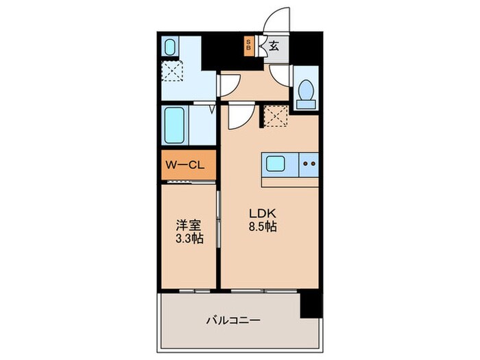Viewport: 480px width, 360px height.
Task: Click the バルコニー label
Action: [x=232, y=320]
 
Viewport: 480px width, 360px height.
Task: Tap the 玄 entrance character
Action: [x=274, y=47]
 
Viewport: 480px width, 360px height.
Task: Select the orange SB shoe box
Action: [x=249, y=47]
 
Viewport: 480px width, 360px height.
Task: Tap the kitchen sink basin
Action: [x=276, y=165]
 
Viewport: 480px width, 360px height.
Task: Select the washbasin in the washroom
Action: [x=170, y=47]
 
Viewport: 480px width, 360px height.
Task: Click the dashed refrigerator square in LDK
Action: [x=275, y=117]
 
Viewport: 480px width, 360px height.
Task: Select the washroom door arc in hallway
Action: [x=228, y=84]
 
